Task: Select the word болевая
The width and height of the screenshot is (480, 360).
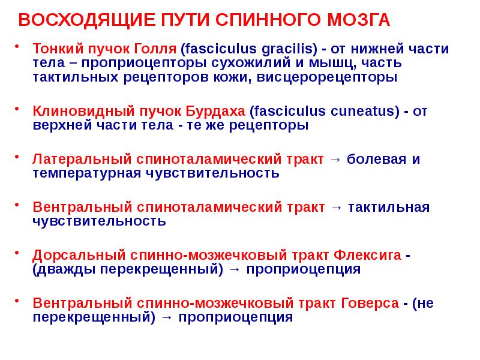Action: (376, 160)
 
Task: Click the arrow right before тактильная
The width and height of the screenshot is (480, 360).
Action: (336, 208)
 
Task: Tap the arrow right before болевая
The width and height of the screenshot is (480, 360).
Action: (336, 160)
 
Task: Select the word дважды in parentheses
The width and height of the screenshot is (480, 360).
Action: (62, 269)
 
